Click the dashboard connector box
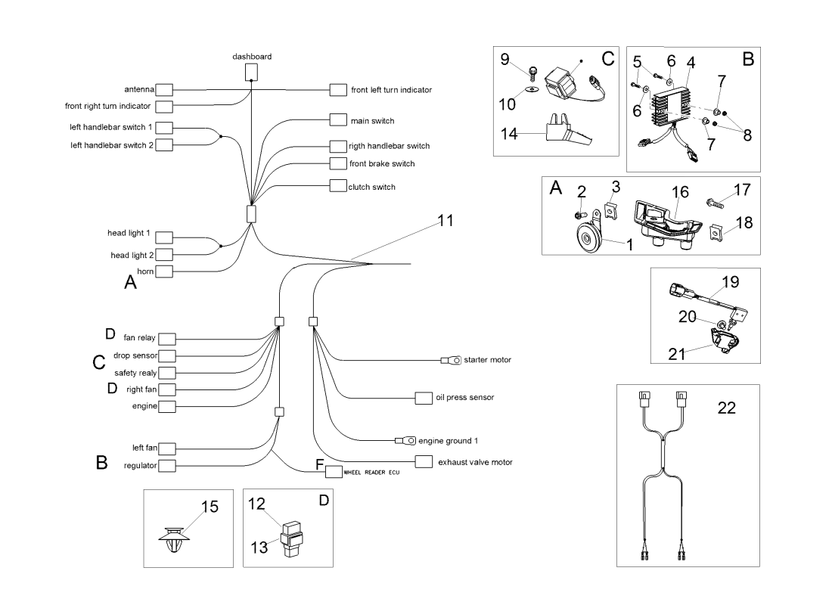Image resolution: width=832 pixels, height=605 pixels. tap(252, 72)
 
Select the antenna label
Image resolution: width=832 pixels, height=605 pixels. tap(139, 89)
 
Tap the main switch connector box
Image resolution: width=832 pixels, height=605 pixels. tap(339, 120)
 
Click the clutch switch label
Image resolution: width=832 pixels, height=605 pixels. tap(372, 187)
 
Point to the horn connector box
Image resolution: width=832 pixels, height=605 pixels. tap(164, 271)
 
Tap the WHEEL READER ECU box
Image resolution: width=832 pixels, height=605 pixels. tap(334, 472)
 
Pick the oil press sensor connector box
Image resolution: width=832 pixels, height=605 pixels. tap(424, 398)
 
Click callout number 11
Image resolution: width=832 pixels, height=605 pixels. tap(446, 221)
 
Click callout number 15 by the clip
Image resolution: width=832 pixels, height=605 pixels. tap(210, 507)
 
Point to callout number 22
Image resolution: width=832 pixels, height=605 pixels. tap(725, 408)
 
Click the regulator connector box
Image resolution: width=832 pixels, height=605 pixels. tap(166, 465)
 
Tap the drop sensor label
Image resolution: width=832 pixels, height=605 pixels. tap(135, 355)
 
